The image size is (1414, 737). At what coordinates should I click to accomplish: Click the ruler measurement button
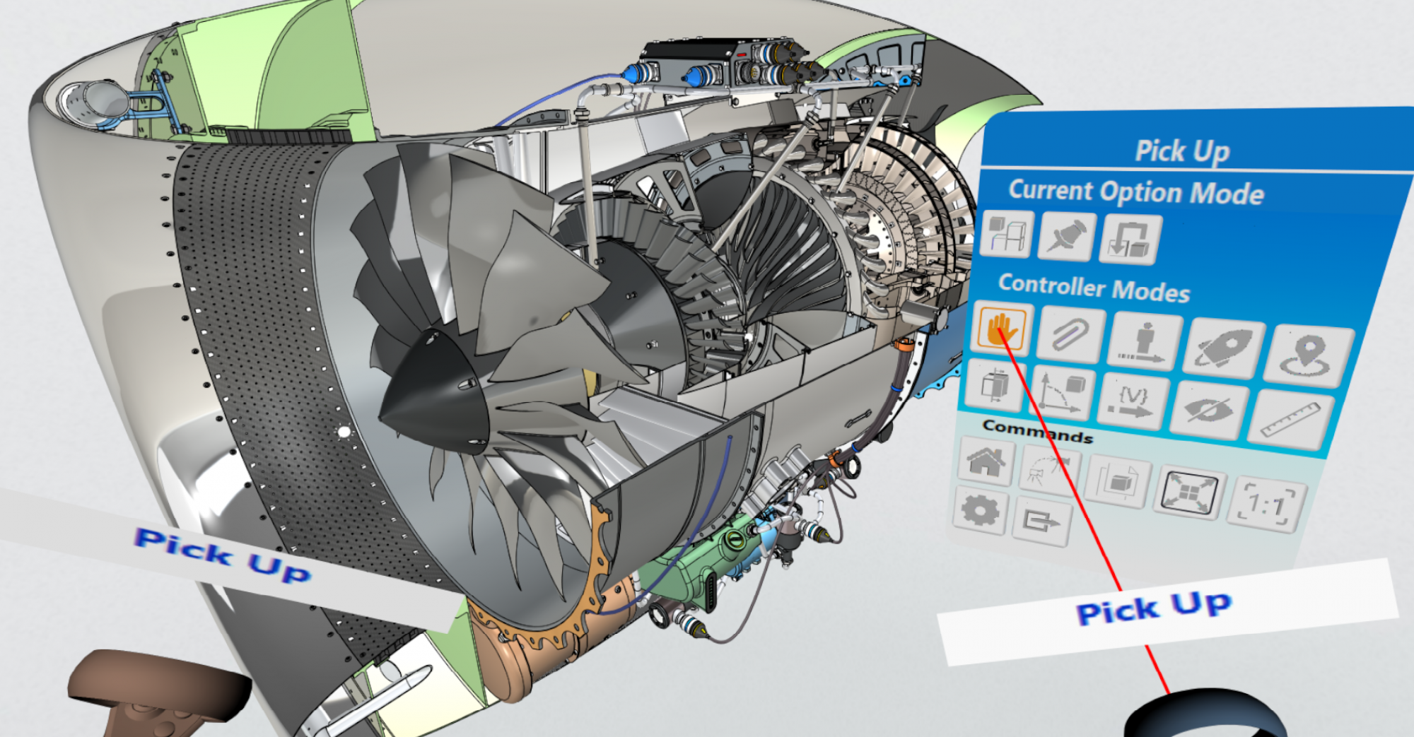1291,420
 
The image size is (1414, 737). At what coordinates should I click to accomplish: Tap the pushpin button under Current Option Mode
1066,236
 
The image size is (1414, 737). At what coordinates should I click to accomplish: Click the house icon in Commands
987,460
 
